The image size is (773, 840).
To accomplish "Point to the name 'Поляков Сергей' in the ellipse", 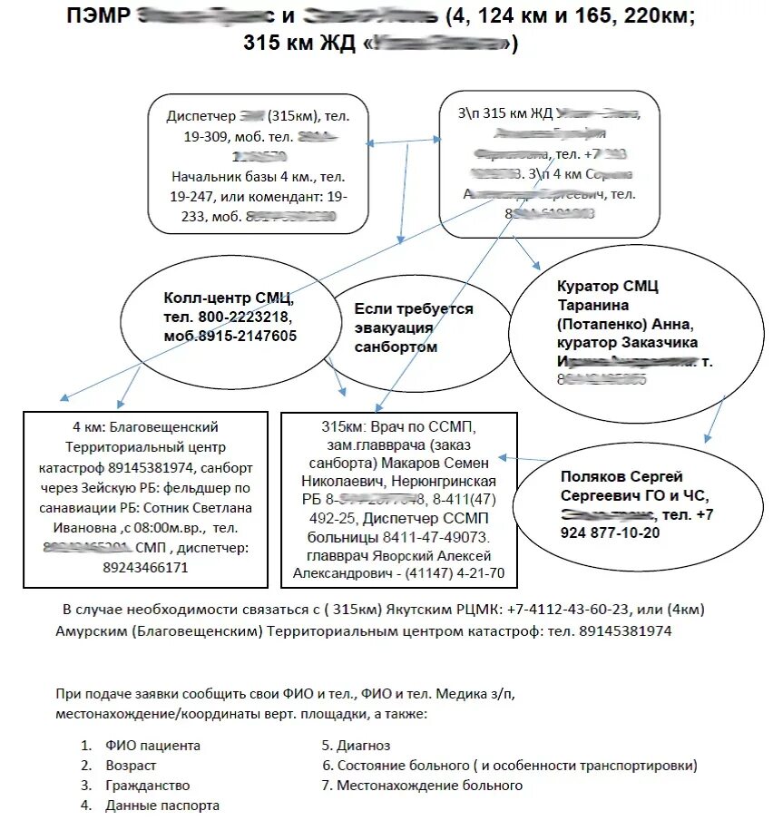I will click(621, 477).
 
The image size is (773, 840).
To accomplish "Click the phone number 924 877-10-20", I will click(611, 533).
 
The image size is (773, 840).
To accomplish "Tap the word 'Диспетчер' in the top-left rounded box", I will click(201, 117).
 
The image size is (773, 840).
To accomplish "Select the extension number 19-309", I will click(204, 137).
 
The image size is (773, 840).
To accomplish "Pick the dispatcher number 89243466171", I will click(145, 568).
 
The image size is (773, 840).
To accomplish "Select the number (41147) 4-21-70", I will click(455, 573).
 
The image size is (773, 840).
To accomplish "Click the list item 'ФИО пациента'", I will click(152, 746).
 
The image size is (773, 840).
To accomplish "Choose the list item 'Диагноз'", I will click(363, 746).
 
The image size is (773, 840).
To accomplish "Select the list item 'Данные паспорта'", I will click(161, 806).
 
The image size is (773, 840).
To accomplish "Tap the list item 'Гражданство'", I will click(147, 786).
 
